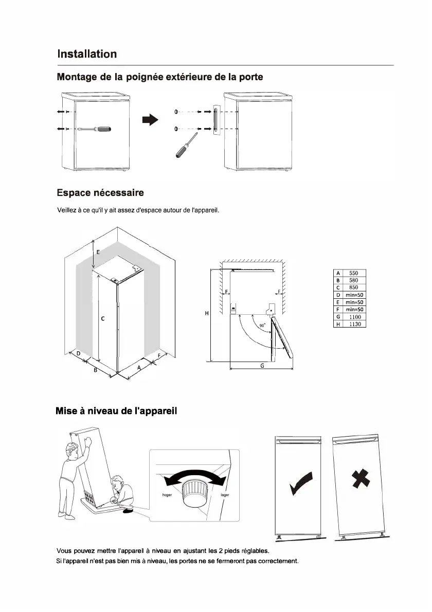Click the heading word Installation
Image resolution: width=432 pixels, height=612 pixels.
(x=87, y=54)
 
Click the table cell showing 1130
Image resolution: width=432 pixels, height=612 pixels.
(x=354, y=325)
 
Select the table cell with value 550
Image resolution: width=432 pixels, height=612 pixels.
(x=354, y=273)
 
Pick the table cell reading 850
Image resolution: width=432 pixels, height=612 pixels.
(x=354, y=287)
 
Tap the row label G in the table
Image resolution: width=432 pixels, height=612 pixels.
(x=338, y=317)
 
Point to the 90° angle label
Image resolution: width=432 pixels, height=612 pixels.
(x=262, y=326)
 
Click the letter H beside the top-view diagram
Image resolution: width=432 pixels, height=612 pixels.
(x=206, y=313)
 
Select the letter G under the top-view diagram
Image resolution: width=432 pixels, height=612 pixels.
(x=262, y=366)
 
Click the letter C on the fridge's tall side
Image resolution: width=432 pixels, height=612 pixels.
(x=103, y=319)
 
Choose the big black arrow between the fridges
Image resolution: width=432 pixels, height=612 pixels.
(x=150, y=120)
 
